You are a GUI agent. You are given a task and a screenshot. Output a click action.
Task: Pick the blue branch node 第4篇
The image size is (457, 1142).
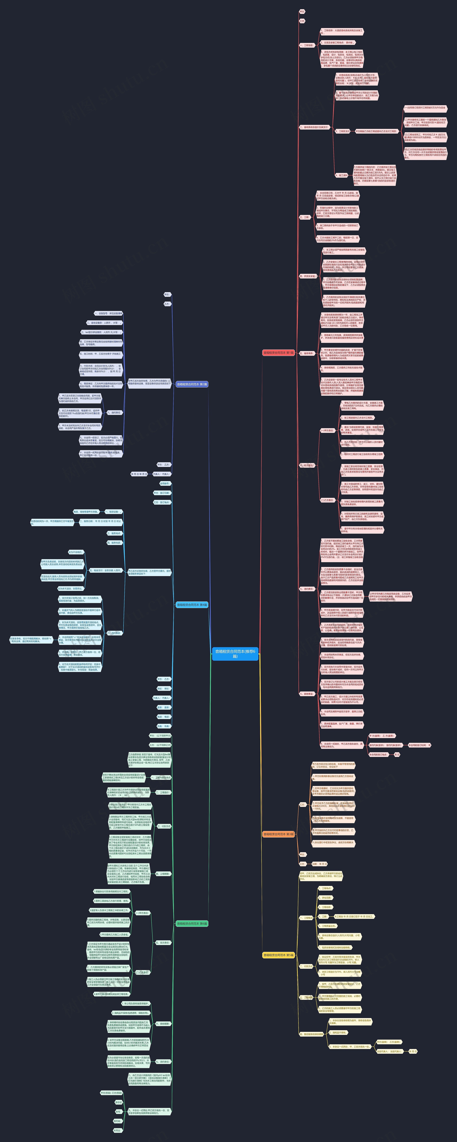pyautogui.click(x=192, y=605)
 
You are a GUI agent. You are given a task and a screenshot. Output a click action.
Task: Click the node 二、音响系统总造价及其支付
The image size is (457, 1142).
pyautogui.click(x=314, y=127)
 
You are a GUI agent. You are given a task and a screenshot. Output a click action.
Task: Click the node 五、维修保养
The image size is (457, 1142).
pyautogui.click(x=307, y=353)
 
